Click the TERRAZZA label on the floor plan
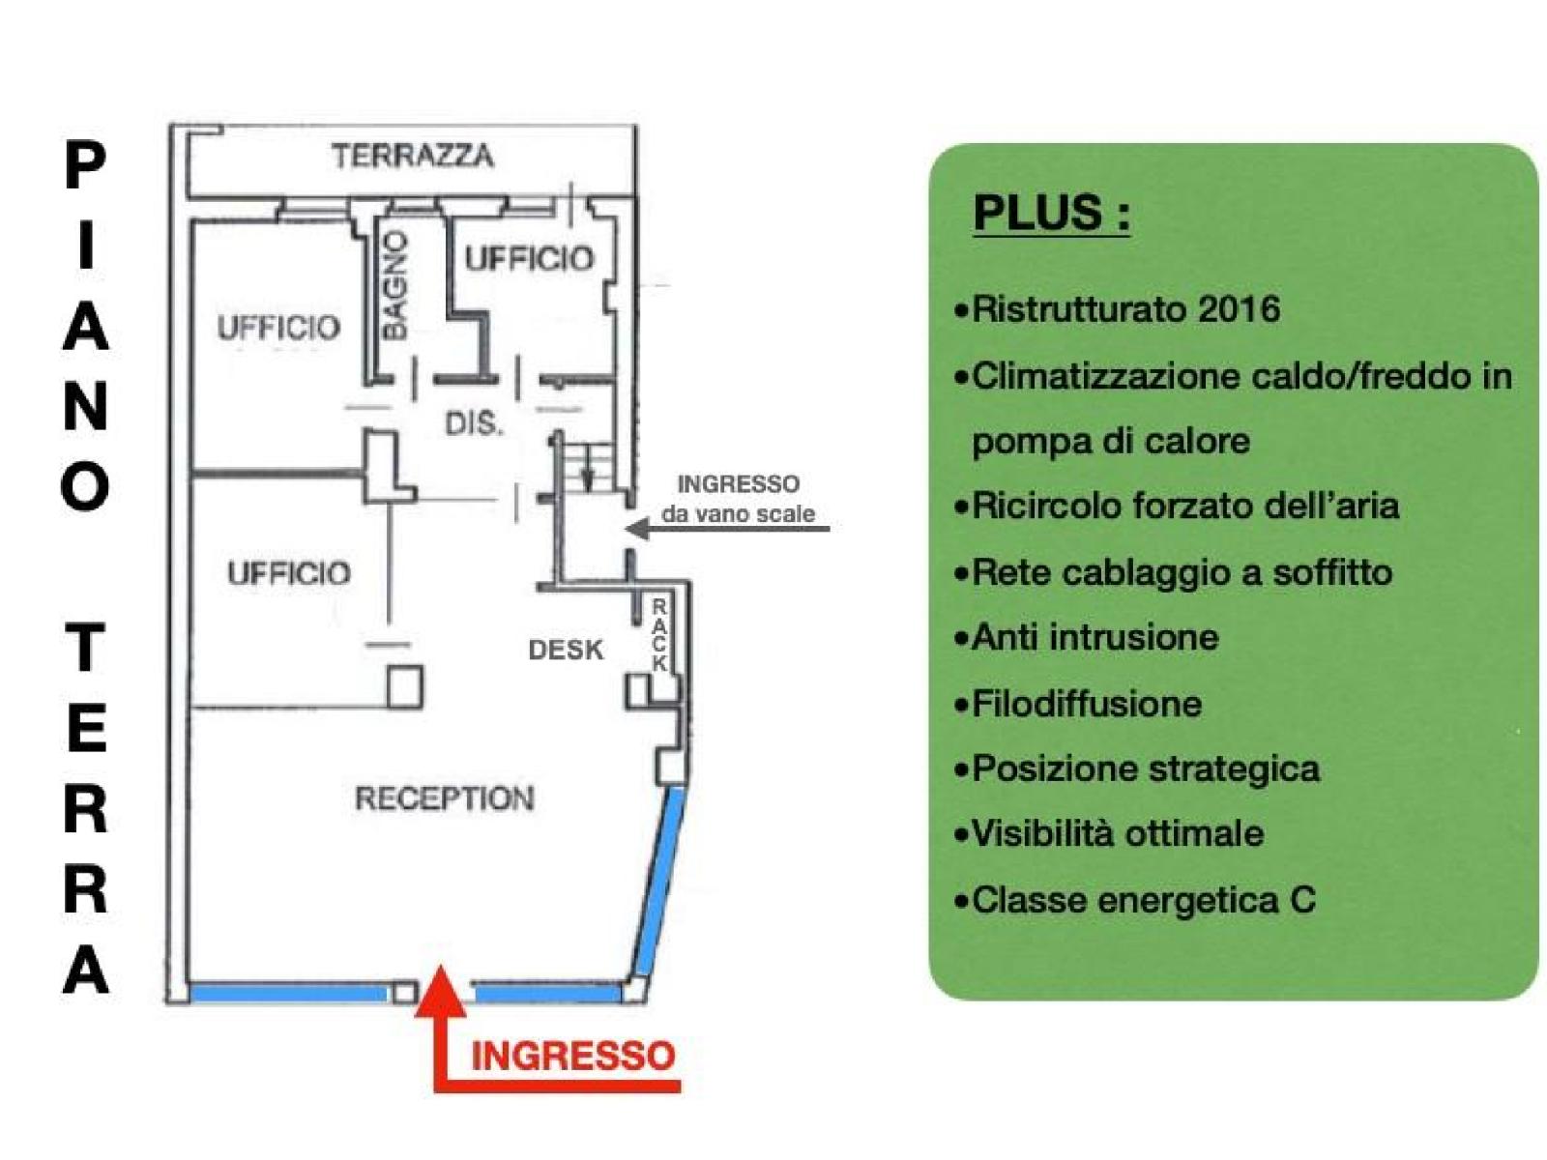tap(412, 156)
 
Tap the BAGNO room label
tap(394, 286)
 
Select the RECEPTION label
tap(444, 798)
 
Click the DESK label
tap(566, 650)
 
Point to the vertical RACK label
tap(659, 635)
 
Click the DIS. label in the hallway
tap(475, 424)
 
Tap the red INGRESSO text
tap(573, 1057)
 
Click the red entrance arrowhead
tap(441, 992)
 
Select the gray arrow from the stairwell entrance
tap(727, 528)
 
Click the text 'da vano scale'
tap(738, 514)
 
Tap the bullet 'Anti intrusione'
tap(1086, 637)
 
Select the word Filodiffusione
tap(1087, 704)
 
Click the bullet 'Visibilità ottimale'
tap(1109, 834)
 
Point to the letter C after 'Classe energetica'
tap(1303, 900)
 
